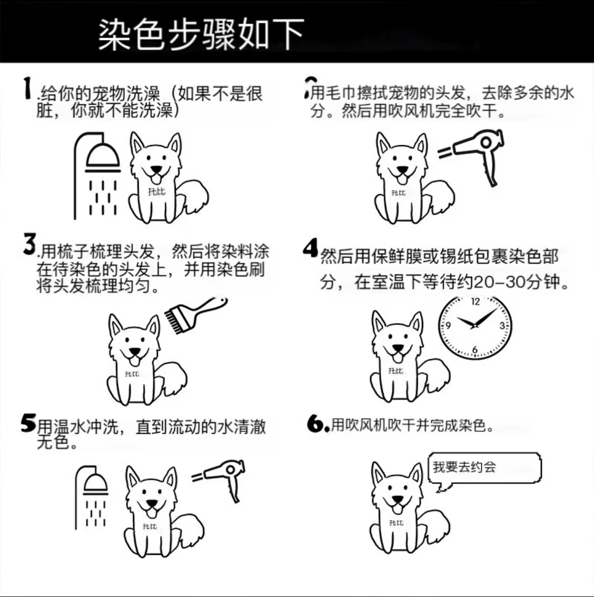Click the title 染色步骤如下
(x=201, y=35)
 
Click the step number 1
(x=26, y=88)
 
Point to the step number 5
(x=28, y=423)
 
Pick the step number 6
(x=316, y=423)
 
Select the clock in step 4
(x=475, y=326)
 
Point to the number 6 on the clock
(x=475, y=350)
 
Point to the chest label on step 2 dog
(x=399, y=193)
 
